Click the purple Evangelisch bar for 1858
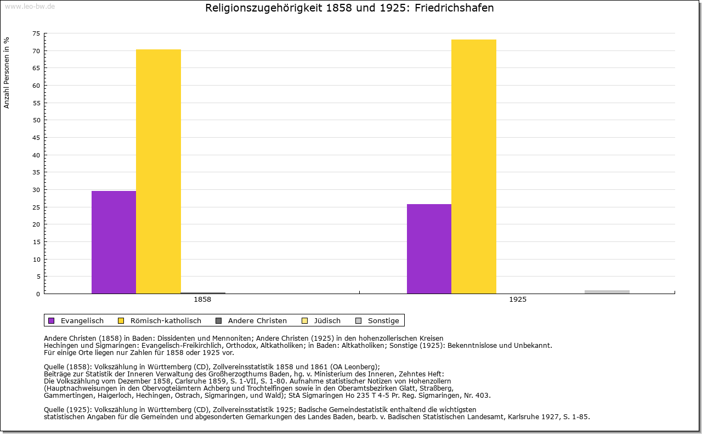(x=114, y=242)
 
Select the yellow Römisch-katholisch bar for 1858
(x=158, y=171)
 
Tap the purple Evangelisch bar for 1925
(x=429, y=249)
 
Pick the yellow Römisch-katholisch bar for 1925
(x=474, y=166)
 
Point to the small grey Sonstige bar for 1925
(x=607, y=292)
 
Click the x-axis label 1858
(x=202, y=300)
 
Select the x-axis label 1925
(x=517, y=300)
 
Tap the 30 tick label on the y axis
(x=36, y=190)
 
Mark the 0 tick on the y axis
(x=38, y=294)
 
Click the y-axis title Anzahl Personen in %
(x=7, y=73)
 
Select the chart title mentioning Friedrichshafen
(x=349, y=8)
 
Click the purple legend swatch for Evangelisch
(x=52, y=321)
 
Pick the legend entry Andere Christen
(x=257, y=321)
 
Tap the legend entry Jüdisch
(x=327, y=321)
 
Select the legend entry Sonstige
(x=383, y=321)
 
